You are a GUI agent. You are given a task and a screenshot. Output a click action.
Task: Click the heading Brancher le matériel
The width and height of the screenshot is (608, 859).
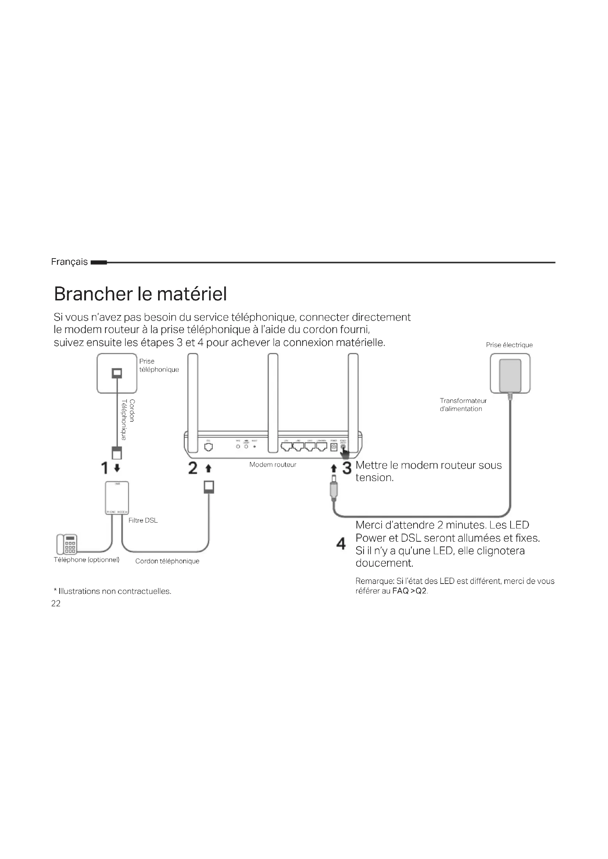(140, 294)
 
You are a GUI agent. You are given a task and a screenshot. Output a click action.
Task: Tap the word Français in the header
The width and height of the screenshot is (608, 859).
(69, 262)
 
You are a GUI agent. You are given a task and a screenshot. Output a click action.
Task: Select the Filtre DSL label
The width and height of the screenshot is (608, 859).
(143, 520)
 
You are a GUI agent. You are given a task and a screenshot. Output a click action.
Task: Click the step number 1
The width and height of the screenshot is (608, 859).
(104, 468)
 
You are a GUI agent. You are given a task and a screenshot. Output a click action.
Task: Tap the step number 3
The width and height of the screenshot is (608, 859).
(347, 468)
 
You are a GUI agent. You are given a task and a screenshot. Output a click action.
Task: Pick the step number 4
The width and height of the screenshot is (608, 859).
(341, 544)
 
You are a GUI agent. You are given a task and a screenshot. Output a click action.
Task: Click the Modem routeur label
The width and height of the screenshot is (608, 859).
(272, 465)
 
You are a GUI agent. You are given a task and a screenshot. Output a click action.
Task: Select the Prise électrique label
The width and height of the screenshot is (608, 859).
(509, 345)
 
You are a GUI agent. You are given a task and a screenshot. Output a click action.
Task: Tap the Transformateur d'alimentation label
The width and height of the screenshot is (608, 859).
(463, 405)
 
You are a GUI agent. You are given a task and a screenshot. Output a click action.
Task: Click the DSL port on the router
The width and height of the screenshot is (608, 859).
(208, 447)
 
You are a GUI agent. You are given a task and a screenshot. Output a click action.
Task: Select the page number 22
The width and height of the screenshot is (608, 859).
(56, 603)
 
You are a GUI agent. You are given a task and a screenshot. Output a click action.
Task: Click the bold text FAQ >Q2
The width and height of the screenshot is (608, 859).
(409, 591)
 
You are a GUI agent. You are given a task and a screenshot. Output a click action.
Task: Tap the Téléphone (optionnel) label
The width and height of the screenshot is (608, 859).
(86, 560)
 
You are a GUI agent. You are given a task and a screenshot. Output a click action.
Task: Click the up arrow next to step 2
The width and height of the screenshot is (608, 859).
(208, 468)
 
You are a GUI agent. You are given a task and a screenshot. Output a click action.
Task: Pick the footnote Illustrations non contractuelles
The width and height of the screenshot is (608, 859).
(113, 591)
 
